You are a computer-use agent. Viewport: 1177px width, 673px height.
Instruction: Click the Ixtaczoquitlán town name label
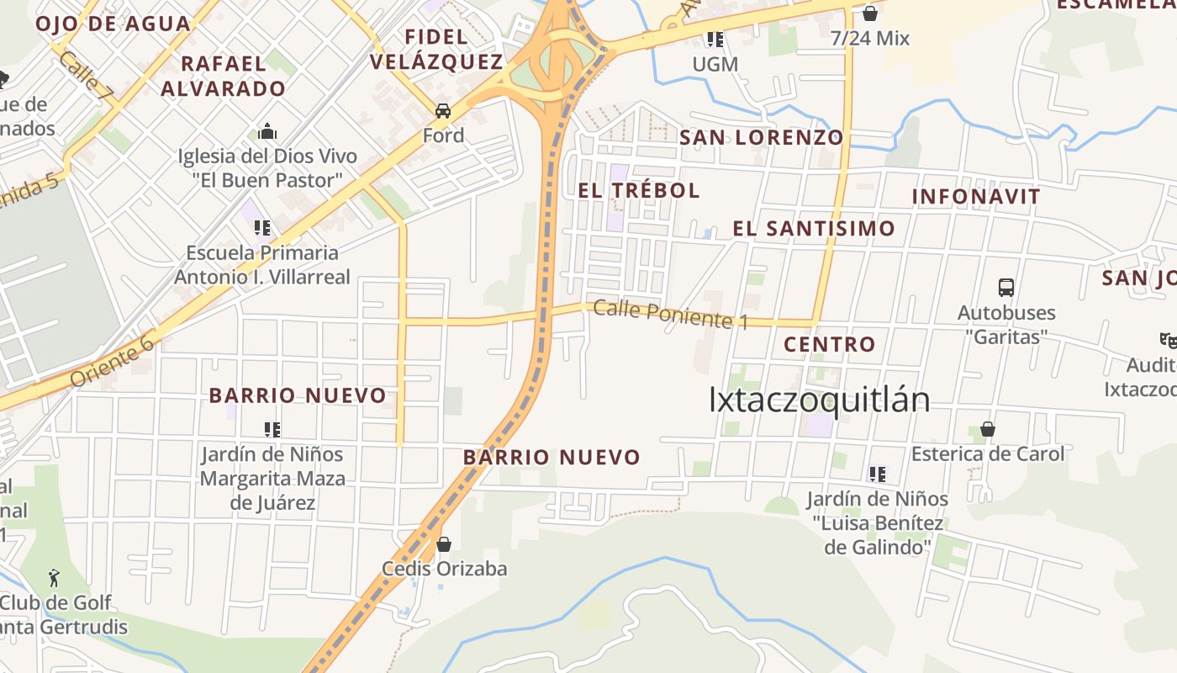[x=819, y=400]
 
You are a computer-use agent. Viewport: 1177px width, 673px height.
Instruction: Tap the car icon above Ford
[x=443, y=111]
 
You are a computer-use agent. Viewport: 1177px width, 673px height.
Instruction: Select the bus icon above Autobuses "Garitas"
[x=1006, y=288]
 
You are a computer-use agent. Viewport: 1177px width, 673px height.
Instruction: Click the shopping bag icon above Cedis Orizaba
[x=444, y=544]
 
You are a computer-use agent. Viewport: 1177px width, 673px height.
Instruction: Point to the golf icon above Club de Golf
[x=55, y=578]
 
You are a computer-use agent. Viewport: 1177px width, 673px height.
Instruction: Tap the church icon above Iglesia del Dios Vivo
[x=267, y=132]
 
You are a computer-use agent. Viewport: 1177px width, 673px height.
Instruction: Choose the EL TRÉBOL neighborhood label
[x=639, y=190]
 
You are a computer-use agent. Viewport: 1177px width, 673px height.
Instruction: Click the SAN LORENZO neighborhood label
[x=761, y=137]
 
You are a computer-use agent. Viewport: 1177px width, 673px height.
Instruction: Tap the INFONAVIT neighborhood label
[x=976, y=196]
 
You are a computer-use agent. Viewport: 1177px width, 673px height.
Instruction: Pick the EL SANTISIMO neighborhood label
[x=813, y=228]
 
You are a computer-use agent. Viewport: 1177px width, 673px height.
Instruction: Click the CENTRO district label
[x=829, y=344]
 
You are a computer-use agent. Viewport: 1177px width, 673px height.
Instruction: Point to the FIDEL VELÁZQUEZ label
[x=436, y=49]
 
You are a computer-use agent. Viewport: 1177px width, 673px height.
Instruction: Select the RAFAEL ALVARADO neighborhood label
[x=224, y=76]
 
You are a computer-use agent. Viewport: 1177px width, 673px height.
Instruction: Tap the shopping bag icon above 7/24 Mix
[x=870, y=13]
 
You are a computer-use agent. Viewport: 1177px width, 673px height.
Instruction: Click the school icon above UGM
[x=715, y=39]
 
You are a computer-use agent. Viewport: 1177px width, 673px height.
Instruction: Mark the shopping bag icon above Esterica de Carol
[x=988, y=430]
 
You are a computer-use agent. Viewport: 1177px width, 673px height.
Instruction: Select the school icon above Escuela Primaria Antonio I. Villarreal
[x=262, y=227]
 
